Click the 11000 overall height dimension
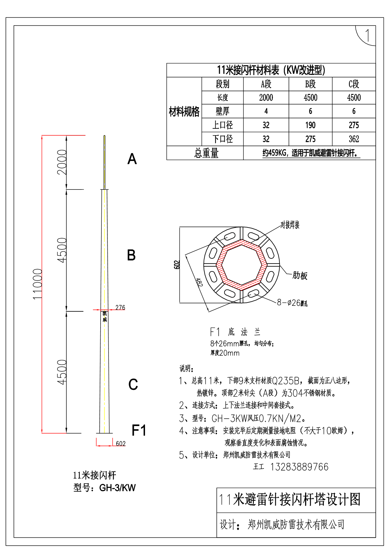pos(37,284)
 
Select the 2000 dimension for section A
pos(62,162)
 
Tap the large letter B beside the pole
pos(131,255)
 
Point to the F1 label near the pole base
pos(139,430)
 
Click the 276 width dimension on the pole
pos(120,307)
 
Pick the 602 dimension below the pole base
pos(121,443)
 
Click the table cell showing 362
pos(354,139)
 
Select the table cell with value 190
pos(310,125)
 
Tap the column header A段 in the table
pos(266,84)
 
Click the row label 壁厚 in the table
pos(222,111)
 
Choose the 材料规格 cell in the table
pos(184,111)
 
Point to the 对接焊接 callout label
pos(290,225)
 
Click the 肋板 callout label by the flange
pos(300,276)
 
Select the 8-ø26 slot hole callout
pos(292,303)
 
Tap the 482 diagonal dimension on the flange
pos(199,282)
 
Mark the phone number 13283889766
pos(299,467)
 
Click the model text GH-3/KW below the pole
pos(117,488)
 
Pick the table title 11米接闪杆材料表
pos(271,70)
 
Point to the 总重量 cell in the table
pos(206,153)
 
